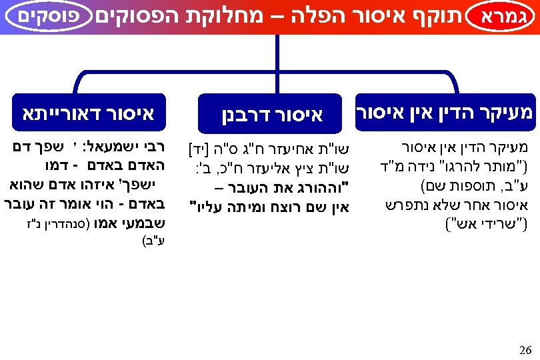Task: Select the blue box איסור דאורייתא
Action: [x=89, y=113]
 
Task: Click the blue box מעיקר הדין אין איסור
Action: [x=445, y=111]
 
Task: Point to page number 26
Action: [x=525, y=349]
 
